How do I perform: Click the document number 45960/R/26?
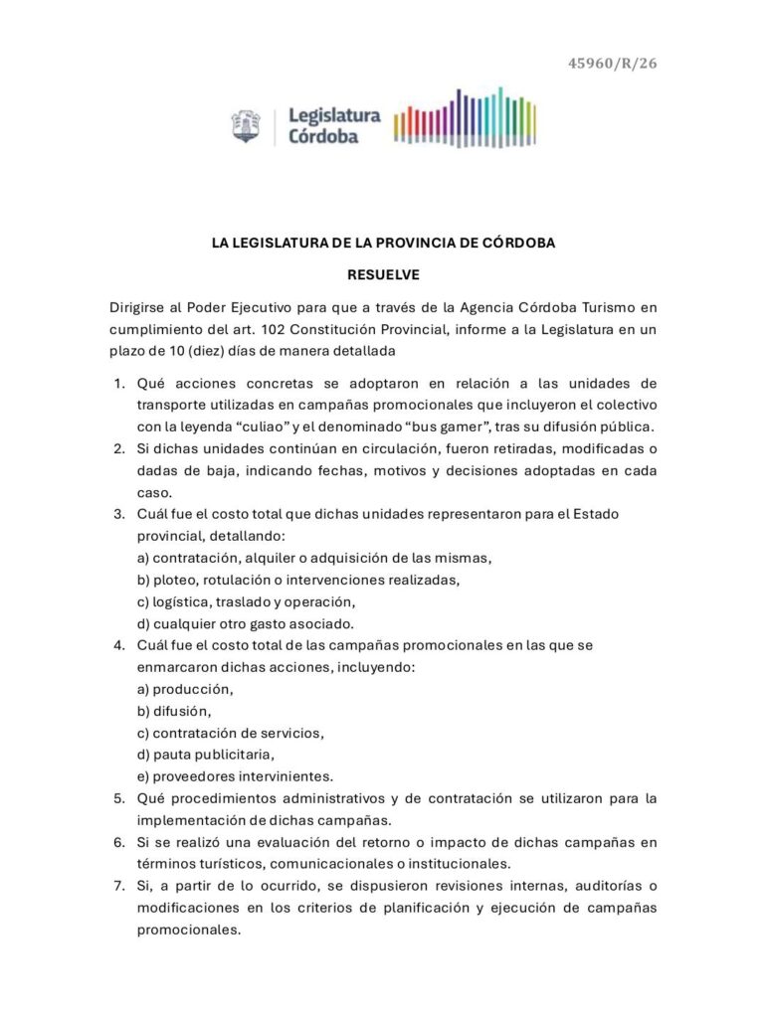point(612,65)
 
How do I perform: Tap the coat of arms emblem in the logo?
point(245,126)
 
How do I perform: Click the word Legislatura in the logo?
point(333,115)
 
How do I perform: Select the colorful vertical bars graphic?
point(465,120)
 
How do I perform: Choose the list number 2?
point(117,448)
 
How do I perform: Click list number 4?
point(117,645)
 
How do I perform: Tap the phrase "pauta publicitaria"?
point(207,755)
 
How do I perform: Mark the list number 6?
point(117,842)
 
